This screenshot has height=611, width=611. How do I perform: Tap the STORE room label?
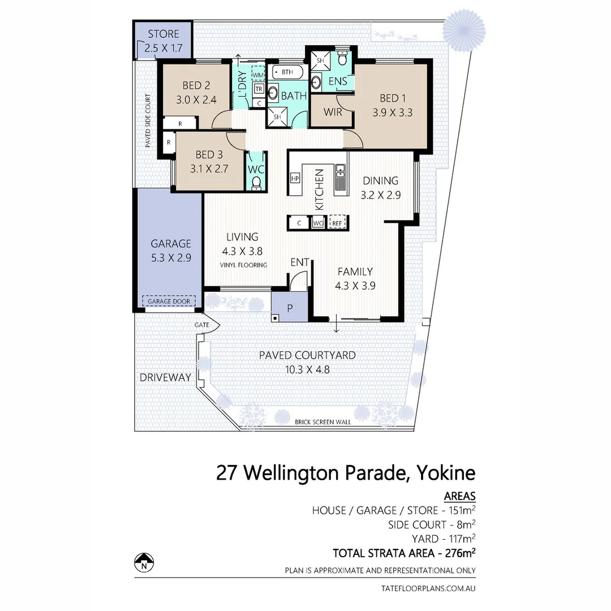click(x=163, y=34)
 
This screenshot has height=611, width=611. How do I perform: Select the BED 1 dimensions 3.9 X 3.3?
click(x=392, y=113)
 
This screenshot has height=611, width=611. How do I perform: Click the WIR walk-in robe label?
click(x=333, y=112)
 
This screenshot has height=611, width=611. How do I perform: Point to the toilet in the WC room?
click(x=256, y=182)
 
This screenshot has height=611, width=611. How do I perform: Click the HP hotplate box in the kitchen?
click(x=294, y=178)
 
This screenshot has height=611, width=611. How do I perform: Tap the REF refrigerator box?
click(x=337, y=223)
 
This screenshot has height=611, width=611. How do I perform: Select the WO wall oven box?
click(x=319, y=223)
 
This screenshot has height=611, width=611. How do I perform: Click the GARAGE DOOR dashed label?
click(x=169, y=301)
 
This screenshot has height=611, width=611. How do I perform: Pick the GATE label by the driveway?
click(x=201, y=325)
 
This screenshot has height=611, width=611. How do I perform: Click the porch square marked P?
click(x=290, y=308)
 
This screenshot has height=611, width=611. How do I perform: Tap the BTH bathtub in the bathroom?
click(x=286, y=72)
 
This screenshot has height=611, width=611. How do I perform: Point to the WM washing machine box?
click(x=258, y=75)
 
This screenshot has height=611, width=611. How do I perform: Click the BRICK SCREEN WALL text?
click(x=323, y=422)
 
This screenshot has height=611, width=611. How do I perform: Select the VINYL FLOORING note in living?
click(x=244, y=265)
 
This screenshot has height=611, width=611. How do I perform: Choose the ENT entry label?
click(x=299, y=262)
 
